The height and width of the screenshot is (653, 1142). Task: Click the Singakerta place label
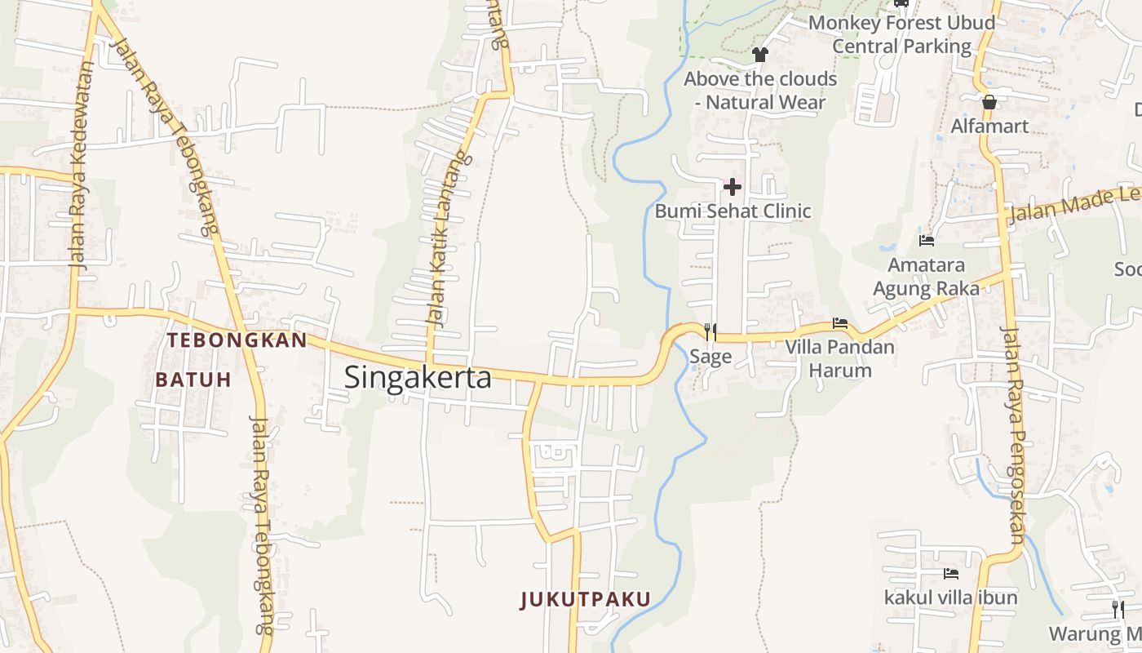point(418,377)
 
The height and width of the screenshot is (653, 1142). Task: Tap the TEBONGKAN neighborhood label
point(237,340)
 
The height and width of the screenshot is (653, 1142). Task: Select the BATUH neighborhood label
point(193,380)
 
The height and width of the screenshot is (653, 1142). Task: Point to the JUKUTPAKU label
point(586,600)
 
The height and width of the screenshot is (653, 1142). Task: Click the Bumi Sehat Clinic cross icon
point(733,187)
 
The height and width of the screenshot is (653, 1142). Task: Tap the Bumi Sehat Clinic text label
point(733,211)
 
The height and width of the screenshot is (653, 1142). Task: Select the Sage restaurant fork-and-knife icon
point(710,331)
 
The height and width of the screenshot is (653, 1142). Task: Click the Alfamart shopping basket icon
point(989,102)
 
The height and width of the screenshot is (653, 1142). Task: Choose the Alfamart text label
point(989,127)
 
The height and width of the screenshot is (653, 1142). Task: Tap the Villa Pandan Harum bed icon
point(840,323)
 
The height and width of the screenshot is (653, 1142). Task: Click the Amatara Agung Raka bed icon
point(927,241)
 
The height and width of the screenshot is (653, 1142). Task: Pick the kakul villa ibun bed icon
point(950,574)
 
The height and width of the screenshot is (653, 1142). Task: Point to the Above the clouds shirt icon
point(760,55)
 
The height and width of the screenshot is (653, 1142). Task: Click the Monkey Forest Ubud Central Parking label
point(901,34)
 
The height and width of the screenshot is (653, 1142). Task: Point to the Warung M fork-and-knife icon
point(1118,609)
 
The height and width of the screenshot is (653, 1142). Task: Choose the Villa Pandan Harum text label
point(839,358)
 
